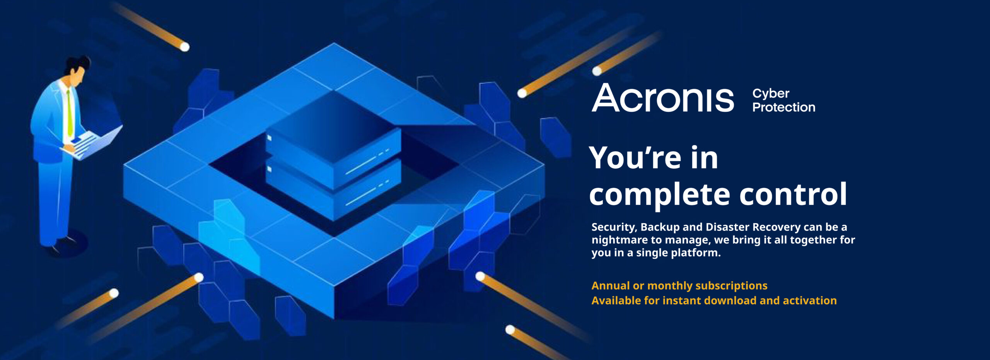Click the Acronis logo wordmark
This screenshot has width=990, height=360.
pyautogui.click(x=662, y=98)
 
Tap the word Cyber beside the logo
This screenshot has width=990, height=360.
pyautogui.click(x=771, y=94)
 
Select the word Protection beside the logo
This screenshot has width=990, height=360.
pyautogui.click(x=784, y=107)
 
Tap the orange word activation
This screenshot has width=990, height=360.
pyautogui.click(x=809, y=301)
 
